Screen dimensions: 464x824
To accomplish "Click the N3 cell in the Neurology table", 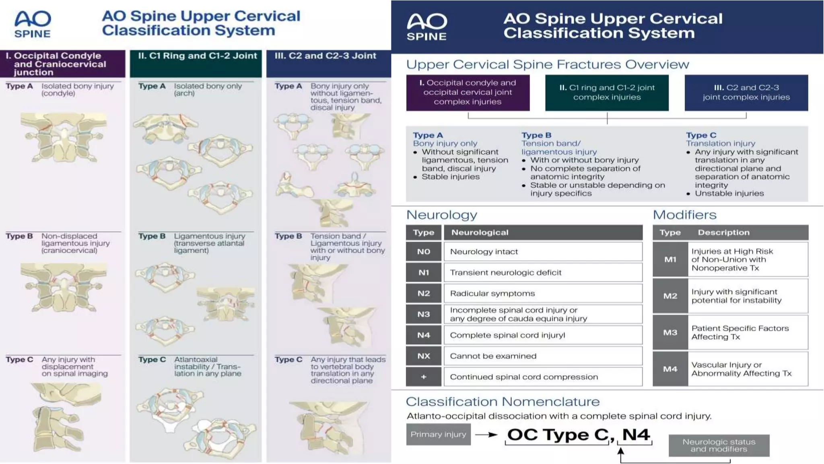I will (x=423, y=314).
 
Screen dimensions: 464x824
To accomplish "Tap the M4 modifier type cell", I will (x=670, y=369).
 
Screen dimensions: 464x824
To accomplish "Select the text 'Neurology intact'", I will (x=484, y=252).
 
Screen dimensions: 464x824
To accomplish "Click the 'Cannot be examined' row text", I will (x=493, y=356).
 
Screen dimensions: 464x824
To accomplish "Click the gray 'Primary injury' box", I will (x=438, y=434).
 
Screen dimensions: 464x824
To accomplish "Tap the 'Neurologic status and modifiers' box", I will (x=719, y=445).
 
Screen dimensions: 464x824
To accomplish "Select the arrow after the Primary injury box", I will (x=486, y=435).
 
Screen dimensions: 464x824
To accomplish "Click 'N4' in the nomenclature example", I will (x=636, y=435).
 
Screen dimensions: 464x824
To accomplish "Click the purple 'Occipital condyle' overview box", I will (x=468, y=92).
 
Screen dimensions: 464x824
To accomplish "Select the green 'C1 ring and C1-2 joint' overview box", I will (x=607, y=92).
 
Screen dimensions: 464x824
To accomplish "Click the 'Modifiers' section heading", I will (x=684, y=215).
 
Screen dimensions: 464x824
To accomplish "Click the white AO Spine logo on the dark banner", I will (x=426, y=27).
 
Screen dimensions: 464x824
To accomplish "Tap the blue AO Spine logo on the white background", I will (x=33, y=24).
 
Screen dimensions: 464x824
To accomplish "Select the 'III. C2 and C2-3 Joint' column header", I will (x=325, y=56).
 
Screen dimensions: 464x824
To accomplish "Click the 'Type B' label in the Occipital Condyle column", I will (x=19, y=236).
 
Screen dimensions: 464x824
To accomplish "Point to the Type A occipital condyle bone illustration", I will (x=64, y=137).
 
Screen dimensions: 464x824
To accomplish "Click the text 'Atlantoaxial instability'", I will (x=196, y=363).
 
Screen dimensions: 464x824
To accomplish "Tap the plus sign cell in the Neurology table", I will (x=423, y=377).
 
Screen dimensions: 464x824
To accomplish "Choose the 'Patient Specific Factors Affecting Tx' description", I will (x=740, y=332).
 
